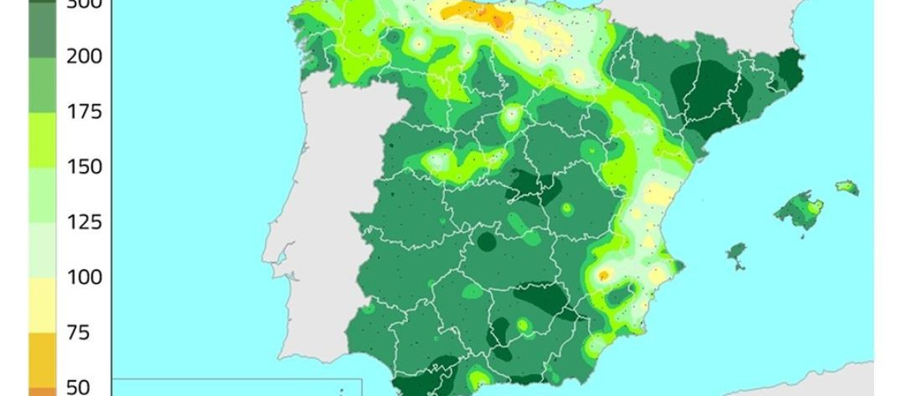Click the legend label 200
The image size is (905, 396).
click(84, 57)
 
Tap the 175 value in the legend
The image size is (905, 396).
click(84, 112)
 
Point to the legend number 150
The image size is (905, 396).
click(84, 167)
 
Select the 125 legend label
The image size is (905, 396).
click(84, 223)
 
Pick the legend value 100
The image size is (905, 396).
click(84, 278)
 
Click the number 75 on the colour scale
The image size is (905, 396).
click(77, 333)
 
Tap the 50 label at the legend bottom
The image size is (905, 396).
click(78, 387)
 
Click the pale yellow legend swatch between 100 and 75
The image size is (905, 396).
click(42, 305)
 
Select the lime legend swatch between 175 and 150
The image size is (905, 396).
click(42, 140)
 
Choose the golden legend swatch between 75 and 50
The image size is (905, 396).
click(42, 360)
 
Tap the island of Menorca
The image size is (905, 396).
click(847, 186)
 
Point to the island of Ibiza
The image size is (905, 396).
click(735, 252)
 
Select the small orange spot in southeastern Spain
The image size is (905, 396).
click(603, 275)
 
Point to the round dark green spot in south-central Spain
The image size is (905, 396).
click(486, 242)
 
